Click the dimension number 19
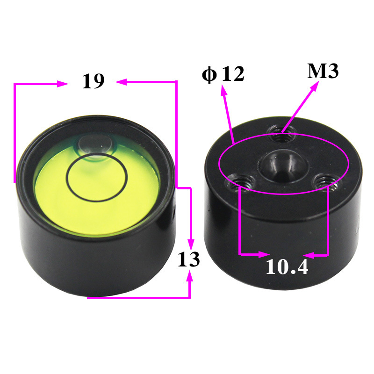(93, 81)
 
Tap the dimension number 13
(189, 259)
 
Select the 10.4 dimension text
(287, 267)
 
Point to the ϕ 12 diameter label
(223, 74)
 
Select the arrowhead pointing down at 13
(190, 244)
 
